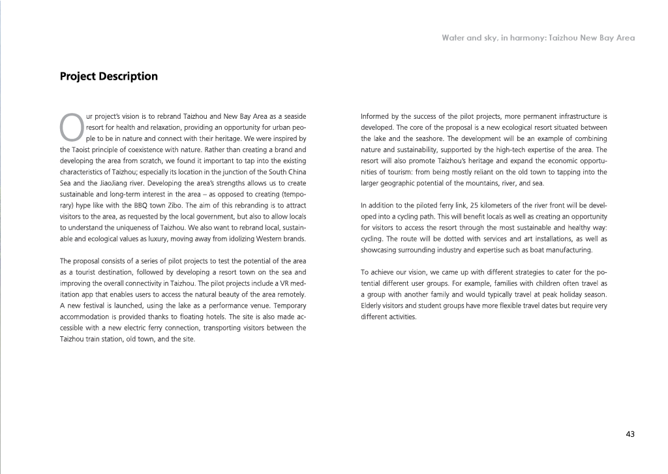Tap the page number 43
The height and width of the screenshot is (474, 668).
(x=630, y=434)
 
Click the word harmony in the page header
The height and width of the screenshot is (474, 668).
(x=523, y=38)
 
